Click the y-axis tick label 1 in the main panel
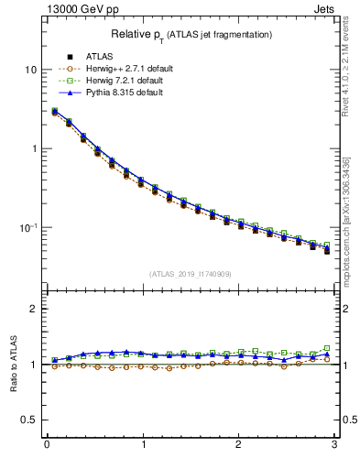[34, 148]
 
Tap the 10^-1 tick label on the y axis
[28, 227]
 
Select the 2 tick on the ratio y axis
[34, 310]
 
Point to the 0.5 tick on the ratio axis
[30, 420]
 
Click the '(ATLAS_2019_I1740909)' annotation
[191, 274]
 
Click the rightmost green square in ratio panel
[327, 348]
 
